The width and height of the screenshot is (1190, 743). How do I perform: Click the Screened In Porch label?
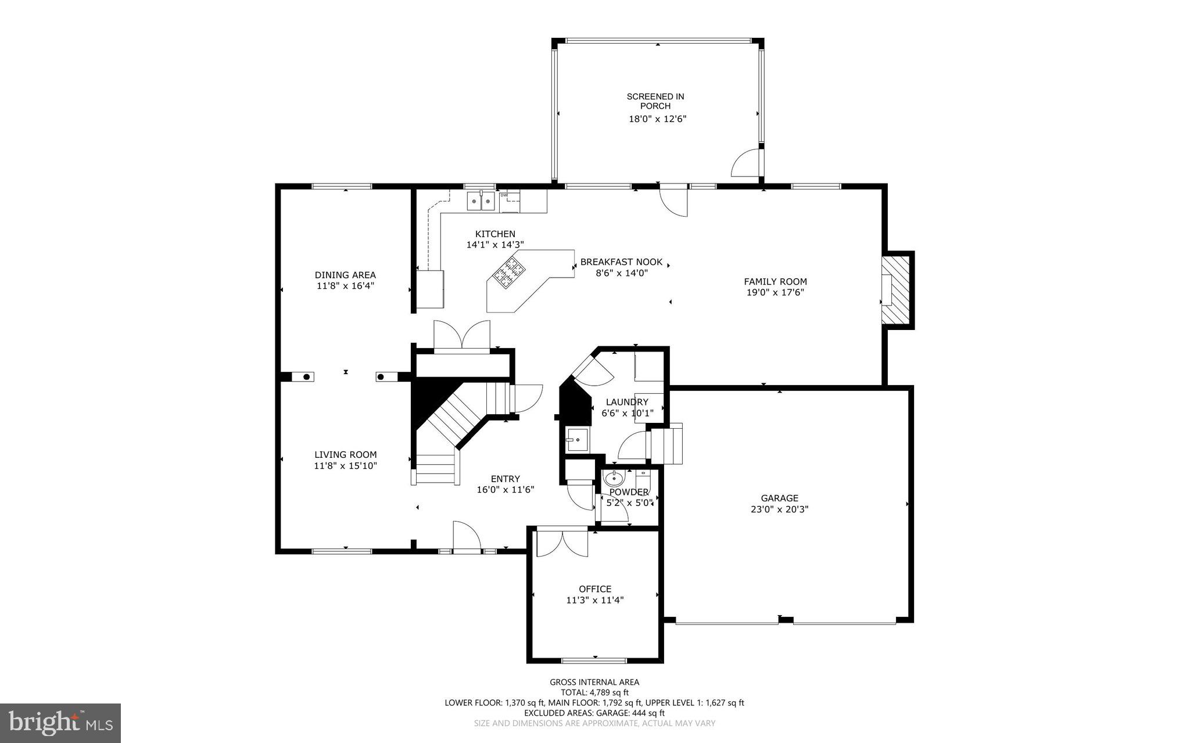pos(655,101)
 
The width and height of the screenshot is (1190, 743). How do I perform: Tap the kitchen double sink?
pos(481,202)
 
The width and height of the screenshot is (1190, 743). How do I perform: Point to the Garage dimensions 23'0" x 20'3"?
pos(779,509)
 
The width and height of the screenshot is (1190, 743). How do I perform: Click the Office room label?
pos(595,588)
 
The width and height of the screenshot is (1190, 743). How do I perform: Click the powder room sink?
pos(613,479)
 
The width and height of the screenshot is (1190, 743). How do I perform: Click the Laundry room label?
pos(627,402)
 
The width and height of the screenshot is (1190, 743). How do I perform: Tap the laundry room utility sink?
pos(577,440)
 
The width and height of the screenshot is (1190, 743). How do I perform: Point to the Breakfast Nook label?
pos(621,262)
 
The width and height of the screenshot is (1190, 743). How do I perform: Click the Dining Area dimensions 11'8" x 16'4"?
pos(345,286)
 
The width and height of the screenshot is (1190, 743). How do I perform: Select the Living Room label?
pos(345,455)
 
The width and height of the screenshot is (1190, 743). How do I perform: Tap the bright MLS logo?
pos(60,723)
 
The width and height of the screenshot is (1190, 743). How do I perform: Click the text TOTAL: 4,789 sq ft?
pos(594,692)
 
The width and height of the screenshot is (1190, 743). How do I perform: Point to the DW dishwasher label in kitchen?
pos(504,195)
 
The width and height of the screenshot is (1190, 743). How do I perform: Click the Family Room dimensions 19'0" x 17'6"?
pos(775,292)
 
